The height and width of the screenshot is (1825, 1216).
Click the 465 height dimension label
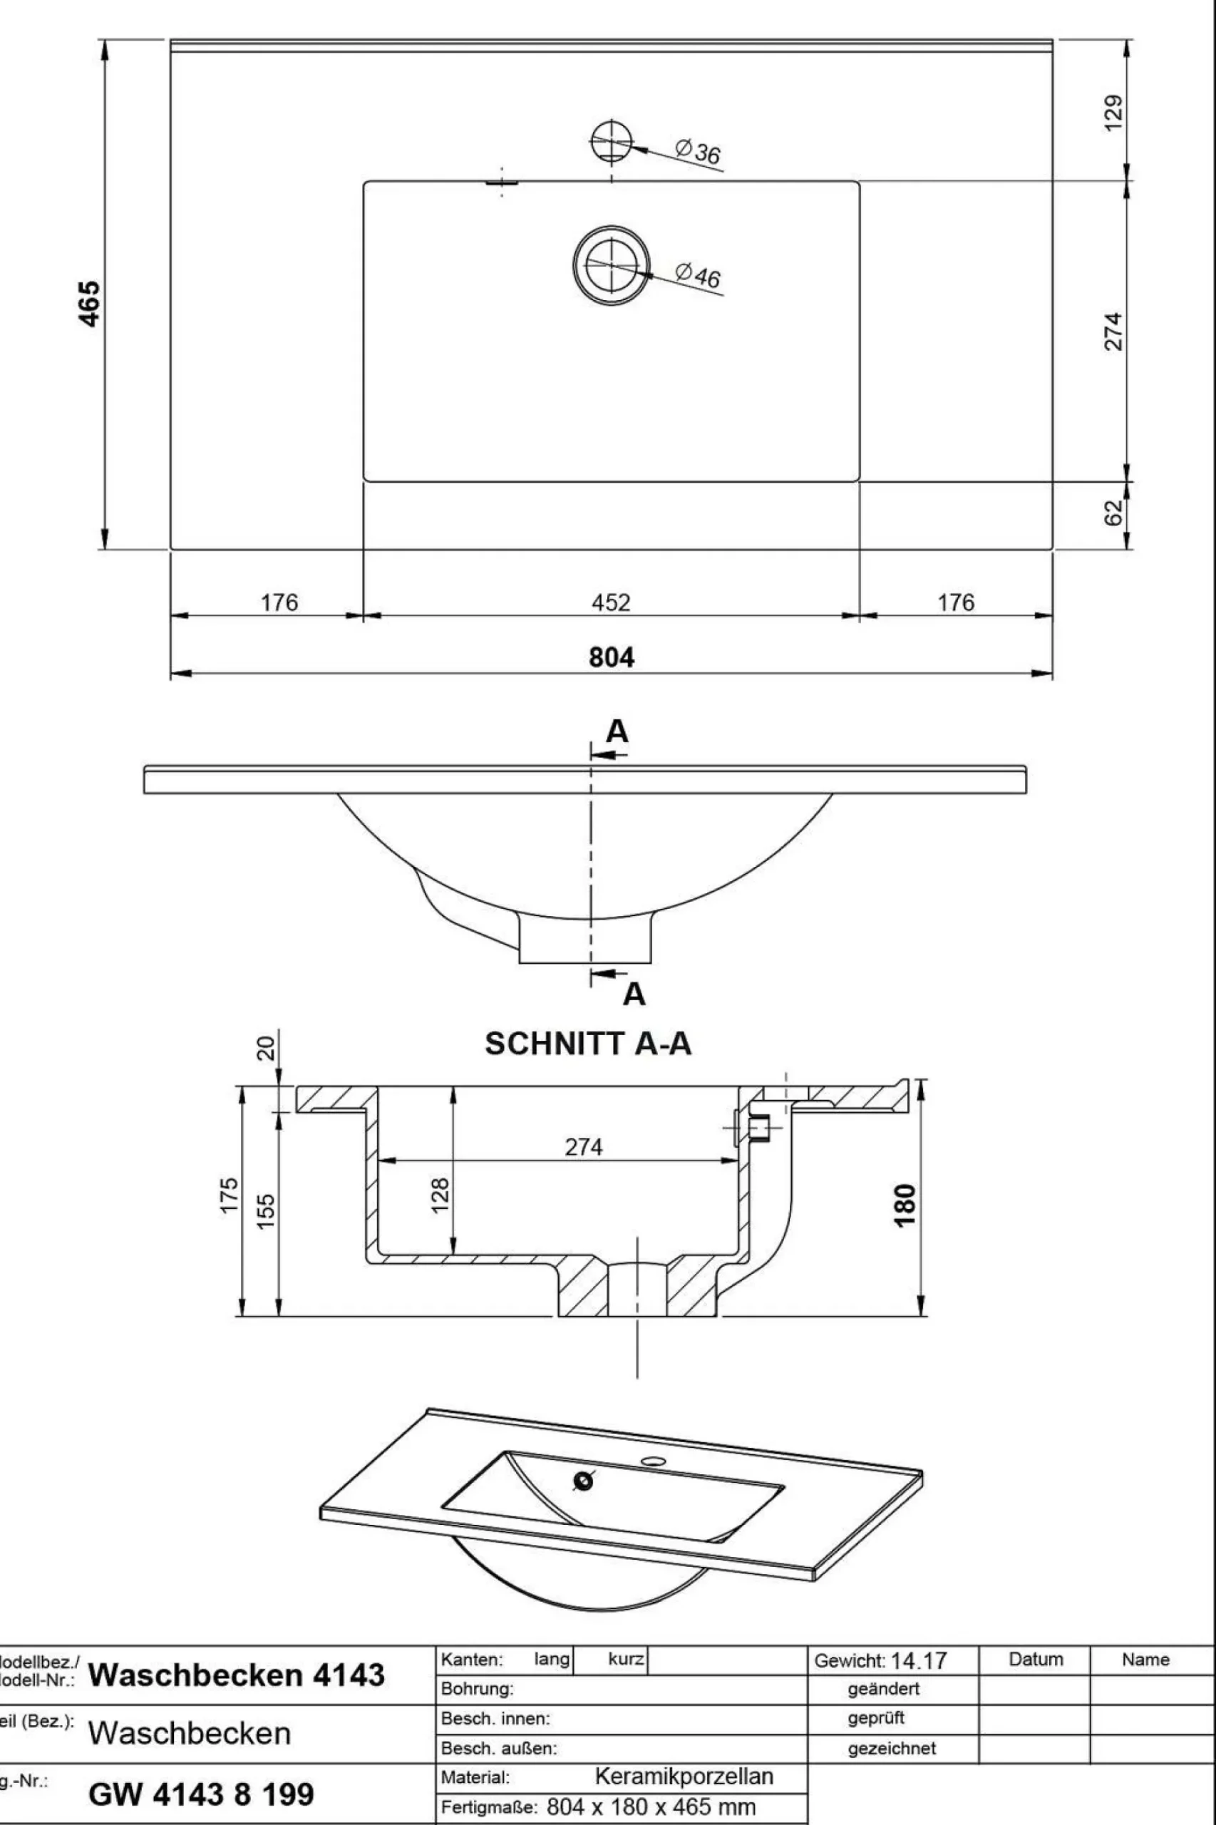[x=90, y=303]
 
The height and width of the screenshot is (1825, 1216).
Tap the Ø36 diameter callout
[x=698, y=151]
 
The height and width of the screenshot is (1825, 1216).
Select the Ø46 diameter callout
[x=698, y=274]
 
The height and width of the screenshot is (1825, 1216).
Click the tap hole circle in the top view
[x=612, y=142]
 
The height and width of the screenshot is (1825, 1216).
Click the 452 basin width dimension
[x=611, y=602]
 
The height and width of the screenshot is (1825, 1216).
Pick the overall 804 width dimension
[x=611, y=657]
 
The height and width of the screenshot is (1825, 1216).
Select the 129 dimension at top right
[x=1113, y=113]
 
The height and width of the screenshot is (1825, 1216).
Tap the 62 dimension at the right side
[x=1113, y=512]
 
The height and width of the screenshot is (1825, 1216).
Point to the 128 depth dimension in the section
[x=440, y=1196]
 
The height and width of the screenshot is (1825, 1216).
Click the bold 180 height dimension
[x=905, y=1205]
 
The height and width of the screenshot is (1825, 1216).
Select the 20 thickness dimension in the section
[x=266, y=1049]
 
